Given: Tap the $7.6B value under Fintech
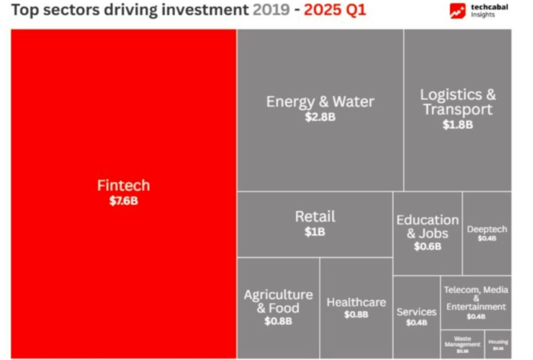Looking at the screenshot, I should click(x=123, y=201).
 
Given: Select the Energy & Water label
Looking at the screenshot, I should click(x=320, y=102).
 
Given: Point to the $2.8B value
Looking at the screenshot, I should click(x=320, y=117).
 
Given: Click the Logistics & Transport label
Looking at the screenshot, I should click(x=457, y=102).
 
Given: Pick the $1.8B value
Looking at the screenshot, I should click(x=457, y=125).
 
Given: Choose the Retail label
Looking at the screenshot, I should click(x=315, y=217).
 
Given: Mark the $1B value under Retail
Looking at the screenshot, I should click(x=315, y=232).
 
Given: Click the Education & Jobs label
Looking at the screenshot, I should click(x=427, y=226).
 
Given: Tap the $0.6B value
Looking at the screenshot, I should click(x=427, y=246).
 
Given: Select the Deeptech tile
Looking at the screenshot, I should click(x=487, y=230).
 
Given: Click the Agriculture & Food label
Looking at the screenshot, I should click(x=278, y=302).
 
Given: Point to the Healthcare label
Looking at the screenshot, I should click(x=356, y=302).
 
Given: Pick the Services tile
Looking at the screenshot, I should click(x=416, y=312).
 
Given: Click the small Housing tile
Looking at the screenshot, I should click(x=498, y=343).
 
